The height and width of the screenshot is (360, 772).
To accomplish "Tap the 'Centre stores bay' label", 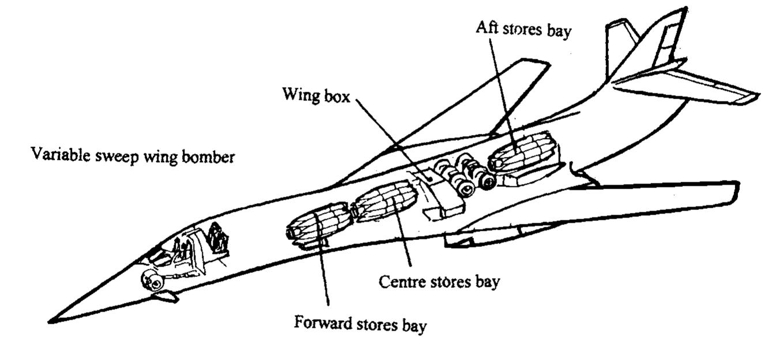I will [439, 283].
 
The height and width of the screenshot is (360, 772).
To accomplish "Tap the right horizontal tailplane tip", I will [750, 97].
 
